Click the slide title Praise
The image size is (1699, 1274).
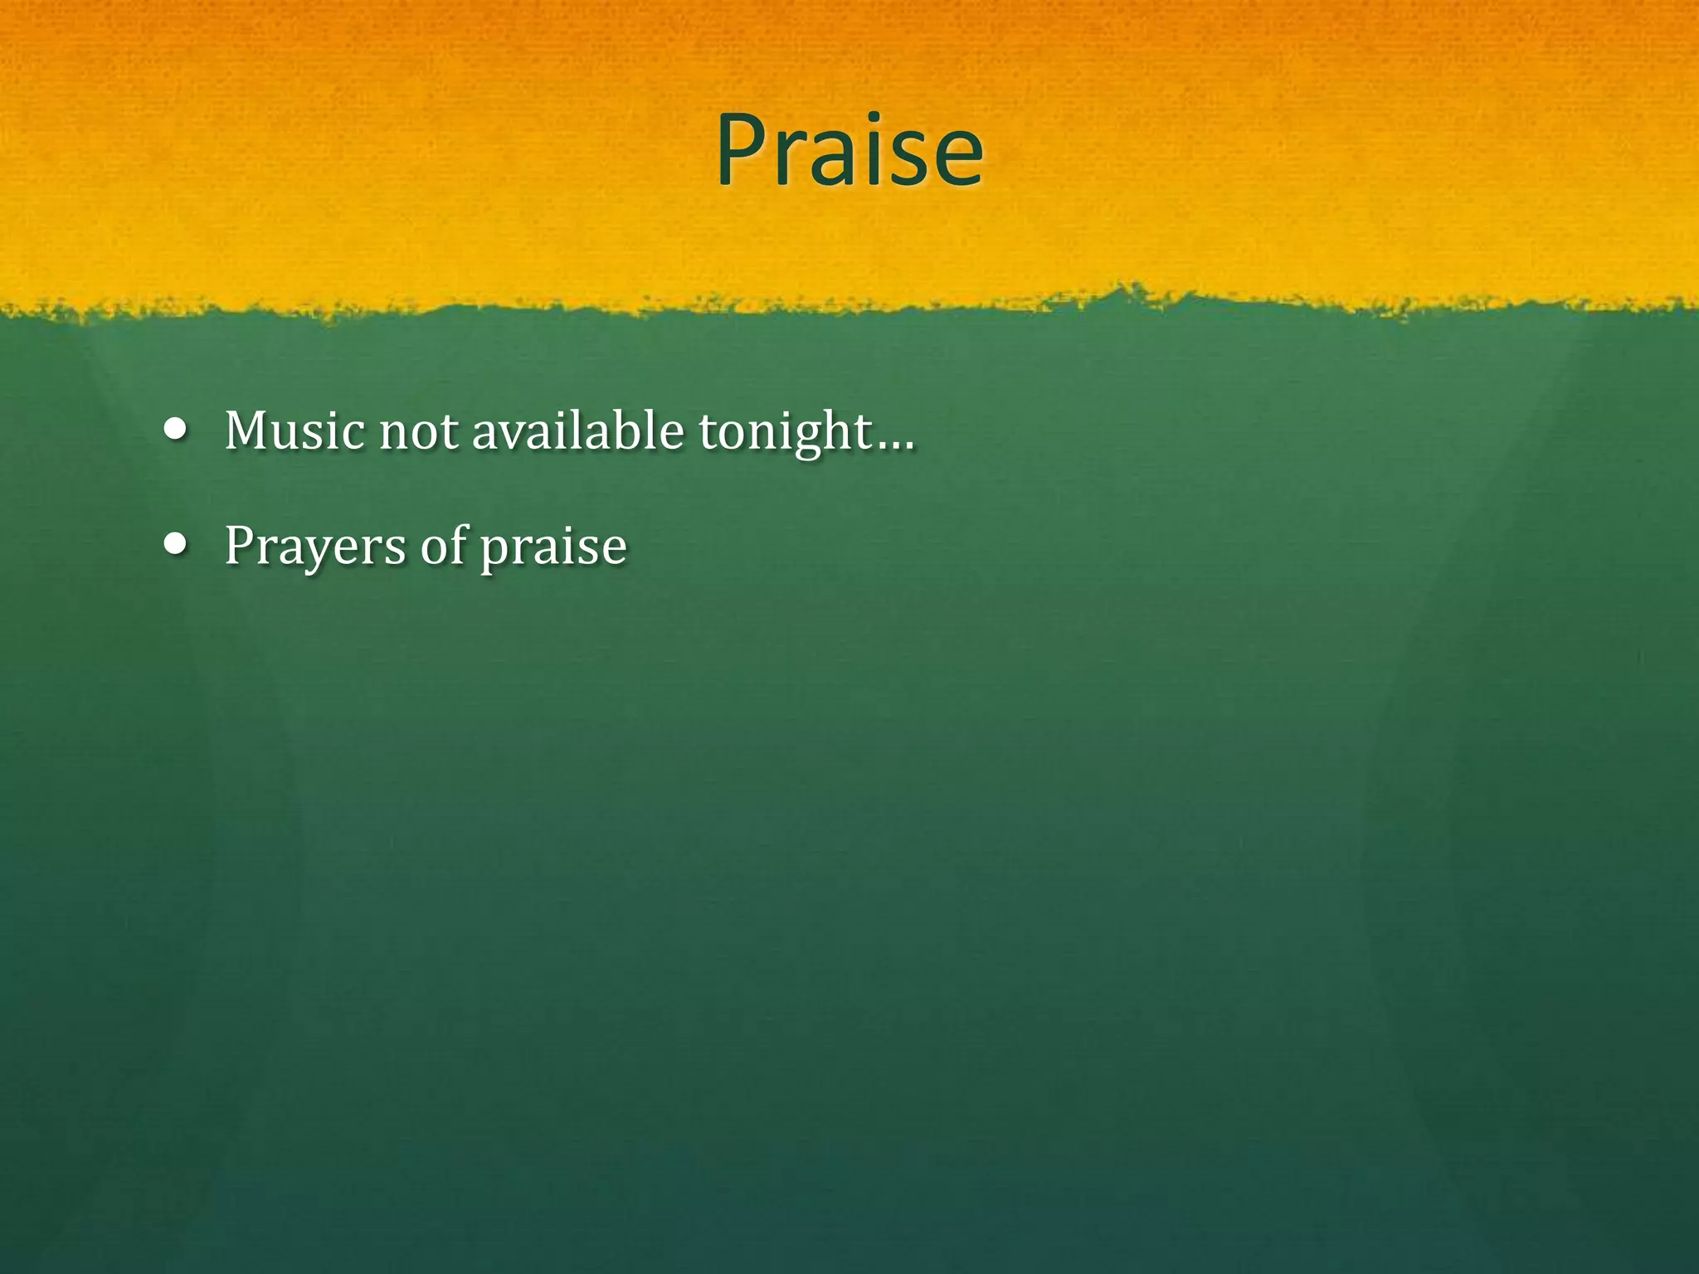(x=849, y=151)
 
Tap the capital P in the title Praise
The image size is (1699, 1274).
(x=742, y=151)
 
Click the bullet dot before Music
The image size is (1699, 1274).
(x=175, y=430)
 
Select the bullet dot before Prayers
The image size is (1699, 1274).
(x=175, y=544)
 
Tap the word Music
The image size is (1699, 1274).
(x=295, y=431)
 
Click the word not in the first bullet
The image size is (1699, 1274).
(x=418, y=433)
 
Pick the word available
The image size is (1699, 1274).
(x=577, y=431)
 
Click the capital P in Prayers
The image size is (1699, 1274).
(x=239, y=546)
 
